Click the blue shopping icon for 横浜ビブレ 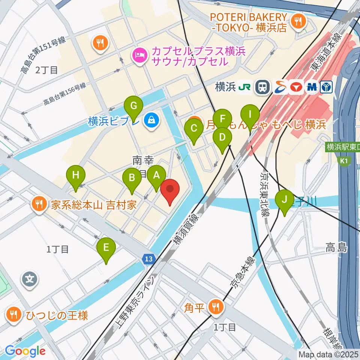coord(152,121)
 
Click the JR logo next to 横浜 coord(246,87)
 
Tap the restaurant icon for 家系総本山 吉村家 coord(39,205)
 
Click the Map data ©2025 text coord(328,354)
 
